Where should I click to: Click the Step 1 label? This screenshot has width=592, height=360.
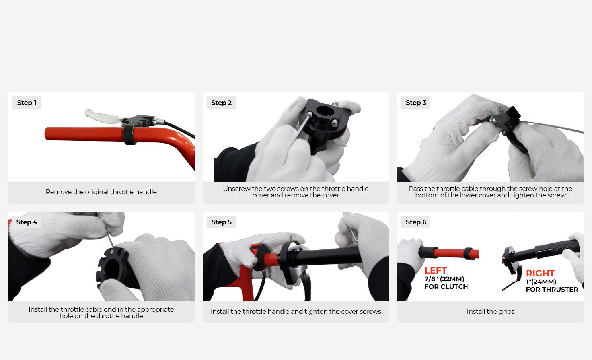[27, 103]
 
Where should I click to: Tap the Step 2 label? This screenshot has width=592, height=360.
[222, 103]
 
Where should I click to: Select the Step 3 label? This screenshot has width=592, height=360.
[416, 103]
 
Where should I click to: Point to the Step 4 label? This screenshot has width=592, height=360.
[27, 222]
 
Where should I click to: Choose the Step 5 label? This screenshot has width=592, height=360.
[222, 222]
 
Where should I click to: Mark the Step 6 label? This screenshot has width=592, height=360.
[416, 222]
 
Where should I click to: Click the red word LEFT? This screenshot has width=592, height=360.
[436, 271]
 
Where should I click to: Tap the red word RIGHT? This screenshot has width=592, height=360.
[540, 273]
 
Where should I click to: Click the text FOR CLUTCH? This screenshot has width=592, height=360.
[446, 287]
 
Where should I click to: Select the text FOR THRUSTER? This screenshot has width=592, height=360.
[552, 290]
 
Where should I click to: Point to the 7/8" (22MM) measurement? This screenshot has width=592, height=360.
[444, 279]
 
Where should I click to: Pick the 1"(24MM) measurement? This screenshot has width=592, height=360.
[541, 282]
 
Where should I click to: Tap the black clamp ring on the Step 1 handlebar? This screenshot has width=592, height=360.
[129, 134]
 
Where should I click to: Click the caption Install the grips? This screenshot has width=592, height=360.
[491, 311]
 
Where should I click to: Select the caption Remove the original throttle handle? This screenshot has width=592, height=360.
[101, 192]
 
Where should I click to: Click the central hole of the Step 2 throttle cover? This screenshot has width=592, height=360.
[323, 111]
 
